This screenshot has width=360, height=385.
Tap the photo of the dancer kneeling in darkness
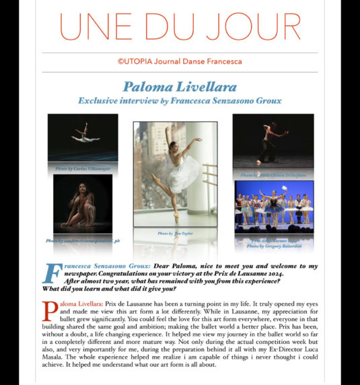click(82, 203)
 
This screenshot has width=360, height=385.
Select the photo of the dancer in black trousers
click(273, 141)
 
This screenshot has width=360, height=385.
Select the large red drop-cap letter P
click(48, 311)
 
